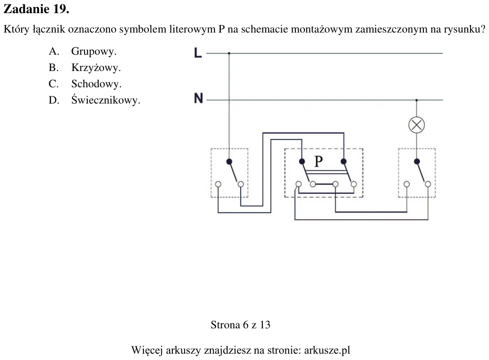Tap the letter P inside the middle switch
click(318, 161)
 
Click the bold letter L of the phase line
click(198, 53)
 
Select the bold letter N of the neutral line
click(198, 98)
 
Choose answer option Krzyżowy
click(96, 68)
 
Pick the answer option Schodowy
click(96, 84)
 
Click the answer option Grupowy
click(94, 52)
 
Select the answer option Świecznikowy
click(105, 100)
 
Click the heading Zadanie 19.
click(36, 9)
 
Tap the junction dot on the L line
click(229, 53)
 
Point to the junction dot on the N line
click(417, 100)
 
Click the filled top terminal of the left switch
click(229, 161)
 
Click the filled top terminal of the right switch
click(417, 161)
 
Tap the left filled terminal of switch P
click(302, 161)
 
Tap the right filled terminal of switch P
click(344, 161)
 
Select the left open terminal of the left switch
click(218, 184)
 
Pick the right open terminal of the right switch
click(428, 184)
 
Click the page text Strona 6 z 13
click(241, 325)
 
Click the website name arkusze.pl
click(327, 350)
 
